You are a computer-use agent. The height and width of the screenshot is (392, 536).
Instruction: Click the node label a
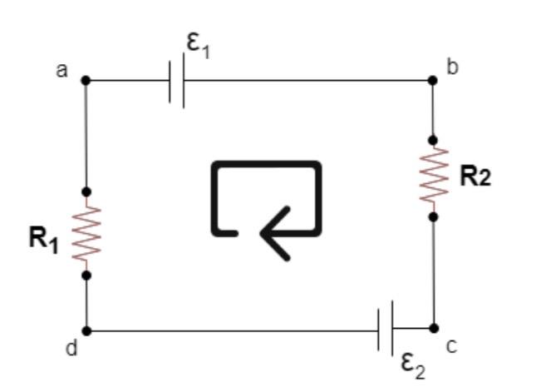pos(61,70)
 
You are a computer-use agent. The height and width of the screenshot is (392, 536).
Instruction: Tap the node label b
pos(452,67)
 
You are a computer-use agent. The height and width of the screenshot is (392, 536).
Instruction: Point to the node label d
pos(71,348)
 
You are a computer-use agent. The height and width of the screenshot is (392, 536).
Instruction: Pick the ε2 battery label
pos(413,365)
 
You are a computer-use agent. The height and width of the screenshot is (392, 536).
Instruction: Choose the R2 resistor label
pos(475,176)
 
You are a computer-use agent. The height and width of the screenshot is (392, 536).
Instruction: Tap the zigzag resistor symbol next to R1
pos(86,233)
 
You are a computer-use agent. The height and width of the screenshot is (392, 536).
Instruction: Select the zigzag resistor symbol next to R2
pos(433,177)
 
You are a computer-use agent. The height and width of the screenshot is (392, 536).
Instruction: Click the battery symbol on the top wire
pos(176,81)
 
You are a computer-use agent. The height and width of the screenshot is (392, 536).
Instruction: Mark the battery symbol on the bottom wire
pos(386,330)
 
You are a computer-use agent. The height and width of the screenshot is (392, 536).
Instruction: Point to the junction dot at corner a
pos(86,81)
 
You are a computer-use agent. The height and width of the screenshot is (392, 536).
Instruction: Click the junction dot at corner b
pos(432,81)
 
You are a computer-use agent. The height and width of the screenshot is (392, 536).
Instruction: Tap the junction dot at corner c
pos(433,329)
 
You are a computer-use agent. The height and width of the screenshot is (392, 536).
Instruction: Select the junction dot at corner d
pos(86,330)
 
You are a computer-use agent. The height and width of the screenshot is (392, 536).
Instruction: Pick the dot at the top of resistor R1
pos(86,192)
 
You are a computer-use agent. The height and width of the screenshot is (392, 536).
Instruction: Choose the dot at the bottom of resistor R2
pos(433,216)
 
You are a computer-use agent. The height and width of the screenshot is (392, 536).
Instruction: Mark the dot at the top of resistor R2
pos(432,140)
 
